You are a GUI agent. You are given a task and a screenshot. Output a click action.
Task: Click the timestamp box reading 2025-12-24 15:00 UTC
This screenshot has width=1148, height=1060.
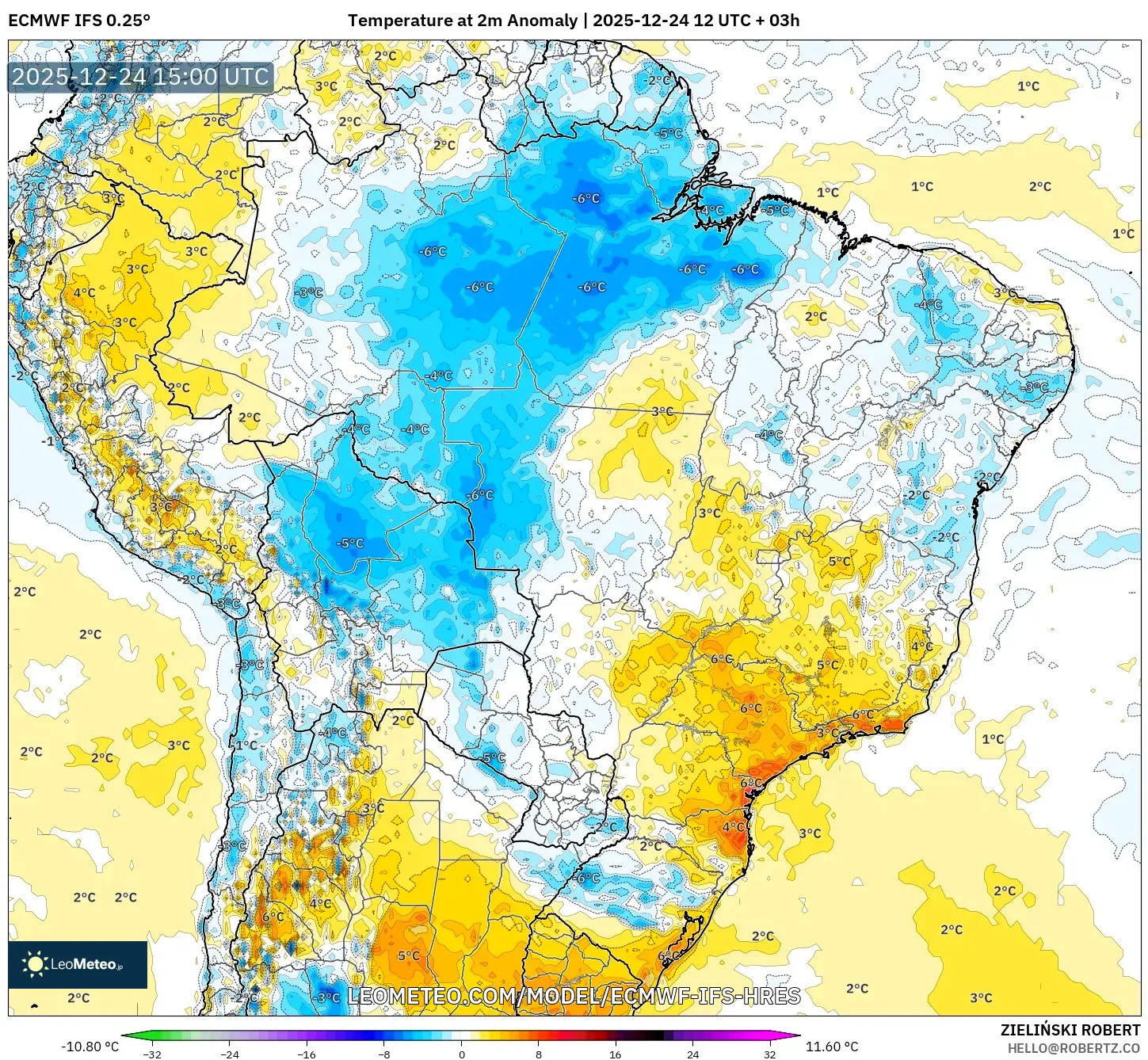pos(140,77)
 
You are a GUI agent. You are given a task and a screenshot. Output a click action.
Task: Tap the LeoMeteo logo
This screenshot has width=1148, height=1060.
pos(78,964)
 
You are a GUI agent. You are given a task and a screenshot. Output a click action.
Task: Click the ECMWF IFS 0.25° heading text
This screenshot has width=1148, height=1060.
pos(79,21)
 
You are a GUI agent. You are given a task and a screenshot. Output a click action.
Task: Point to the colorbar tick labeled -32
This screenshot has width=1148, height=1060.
pos(152,1054)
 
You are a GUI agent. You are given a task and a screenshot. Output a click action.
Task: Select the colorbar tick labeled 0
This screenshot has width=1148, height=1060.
pos(461,1054)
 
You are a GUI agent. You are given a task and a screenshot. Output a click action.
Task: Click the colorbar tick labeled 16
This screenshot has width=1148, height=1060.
pos(616,1054)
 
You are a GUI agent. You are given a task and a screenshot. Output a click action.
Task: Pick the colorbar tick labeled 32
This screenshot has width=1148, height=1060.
pos(769,1054)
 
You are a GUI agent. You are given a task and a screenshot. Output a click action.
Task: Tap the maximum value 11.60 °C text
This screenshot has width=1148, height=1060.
pos(832,1047)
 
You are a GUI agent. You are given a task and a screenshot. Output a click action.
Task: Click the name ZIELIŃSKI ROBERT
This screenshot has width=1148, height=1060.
pos(1070,1030)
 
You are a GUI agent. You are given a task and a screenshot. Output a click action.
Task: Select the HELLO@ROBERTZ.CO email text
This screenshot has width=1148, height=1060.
pos(1074,1048)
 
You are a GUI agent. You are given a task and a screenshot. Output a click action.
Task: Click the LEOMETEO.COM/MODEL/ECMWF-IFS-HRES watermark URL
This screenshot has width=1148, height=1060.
pos(574,996)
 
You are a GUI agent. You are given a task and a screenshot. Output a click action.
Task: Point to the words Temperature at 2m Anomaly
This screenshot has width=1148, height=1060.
pos(462,21)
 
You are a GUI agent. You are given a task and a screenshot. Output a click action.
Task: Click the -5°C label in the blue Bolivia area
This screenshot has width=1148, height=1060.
pos(349,543)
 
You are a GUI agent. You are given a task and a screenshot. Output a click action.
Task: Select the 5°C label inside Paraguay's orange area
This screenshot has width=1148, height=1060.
pos(409,955)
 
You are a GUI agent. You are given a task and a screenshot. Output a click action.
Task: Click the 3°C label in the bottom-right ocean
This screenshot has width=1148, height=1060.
pos(981,997)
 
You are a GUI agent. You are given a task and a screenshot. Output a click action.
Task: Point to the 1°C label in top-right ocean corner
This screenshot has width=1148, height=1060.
pos(1028,86)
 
